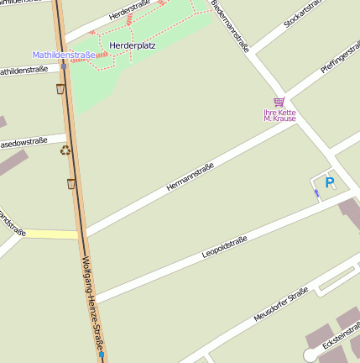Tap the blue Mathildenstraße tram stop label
pos(64,55)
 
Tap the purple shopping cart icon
pos(279,102)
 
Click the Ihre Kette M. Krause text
pos(279,115)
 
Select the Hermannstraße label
pos(190,176)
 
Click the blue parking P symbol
pos(329,181)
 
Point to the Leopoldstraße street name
pos(224,247)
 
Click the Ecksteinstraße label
pos(341,344)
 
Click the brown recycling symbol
pos(65,150)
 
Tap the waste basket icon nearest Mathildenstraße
pos(60,88)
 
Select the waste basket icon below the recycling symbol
pos(71,183)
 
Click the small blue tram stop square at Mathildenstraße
pos(64,66)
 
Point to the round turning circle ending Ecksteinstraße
pos(310,355)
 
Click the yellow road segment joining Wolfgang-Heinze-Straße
pos(50,234)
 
